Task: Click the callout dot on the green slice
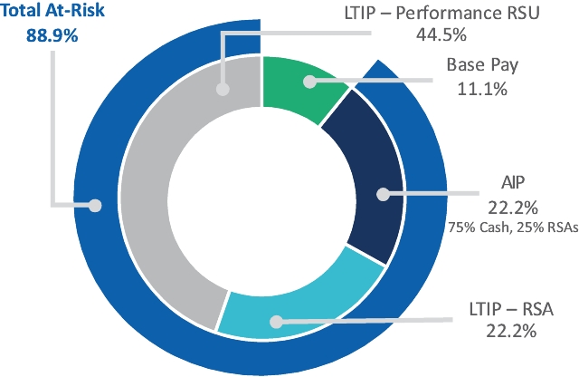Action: pos(309,82)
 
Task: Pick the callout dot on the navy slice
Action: pos(383,193)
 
